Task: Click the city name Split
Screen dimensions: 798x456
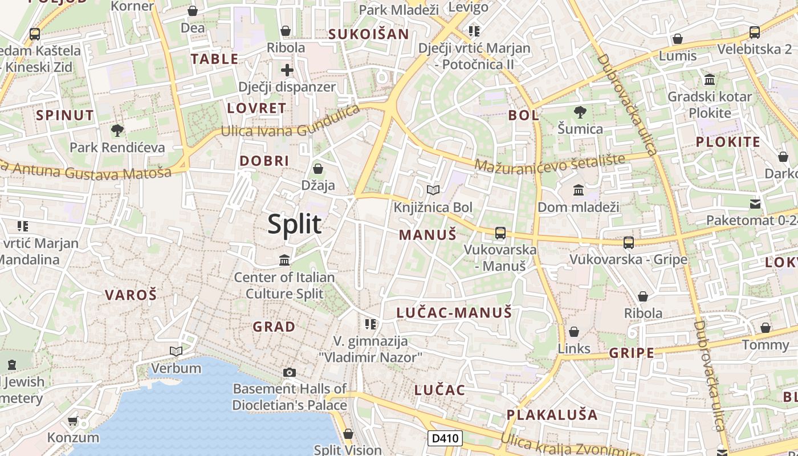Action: (x=295, y=224)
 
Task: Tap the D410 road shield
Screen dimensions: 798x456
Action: (x=445, y=438)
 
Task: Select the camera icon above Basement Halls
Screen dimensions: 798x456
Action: (x=290, y=373)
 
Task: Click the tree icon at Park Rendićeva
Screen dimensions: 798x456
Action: (x=117, y=131)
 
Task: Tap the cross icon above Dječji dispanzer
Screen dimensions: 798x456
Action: (x=287, y=70)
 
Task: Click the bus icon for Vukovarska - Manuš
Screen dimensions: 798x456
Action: (x=500, y=233)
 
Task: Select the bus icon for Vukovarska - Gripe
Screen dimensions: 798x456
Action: (x=628, y=243)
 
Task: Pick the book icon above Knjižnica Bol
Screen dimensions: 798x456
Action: (x=433, y=190)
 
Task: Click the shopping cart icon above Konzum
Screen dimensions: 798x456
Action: (x=72, y=421)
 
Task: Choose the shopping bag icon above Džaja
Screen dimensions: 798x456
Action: (x=318, y=169)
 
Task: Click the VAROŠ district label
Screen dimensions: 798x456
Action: (x=131, y=295)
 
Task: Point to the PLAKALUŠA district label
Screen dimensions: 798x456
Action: (x=552, y=414)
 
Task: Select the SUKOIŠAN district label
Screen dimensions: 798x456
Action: (x=368, y=34)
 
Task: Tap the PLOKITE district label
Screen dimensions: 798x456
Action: (x=728, y=142)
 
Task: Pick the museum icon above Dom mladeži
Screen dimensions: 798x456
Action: (x=579, y=190)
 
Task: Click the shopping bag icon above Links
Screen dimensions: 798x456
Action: (x=574, y=332)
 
